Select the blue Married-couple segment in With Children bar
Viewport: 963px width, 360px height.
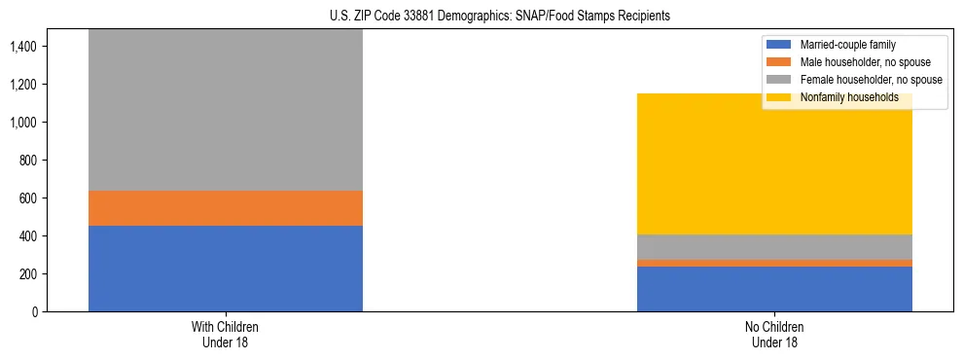(226, 269)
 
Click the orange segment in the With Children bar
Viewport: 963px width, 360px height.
(226, 208)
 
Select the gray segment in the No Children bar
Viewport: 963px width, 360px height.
(774, 247)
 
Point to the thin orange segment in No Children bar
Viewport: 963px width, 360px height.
(774, 263)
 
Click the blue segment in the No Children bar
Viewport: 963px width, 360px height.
(774, 289)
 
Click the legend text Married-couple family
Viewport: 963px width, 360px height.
(848, 45)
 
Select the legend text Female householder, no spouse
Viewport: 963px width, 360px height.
(871, 80)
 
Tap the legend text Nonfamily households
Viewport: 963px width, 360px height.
(849, 97)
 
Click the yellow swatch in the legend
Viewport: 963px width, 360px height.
(779, 97)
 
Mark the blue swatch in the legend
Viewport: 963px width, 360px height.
(779, 45)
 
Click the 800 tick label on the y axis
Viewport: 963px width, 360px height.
(29, 160)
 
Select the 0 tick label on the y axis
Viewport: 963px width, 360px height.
(35, 311)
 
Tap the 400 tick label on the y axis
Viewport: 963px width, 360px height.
(29, 235)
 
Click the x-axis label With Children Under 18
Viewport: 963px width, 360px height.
(226, 335)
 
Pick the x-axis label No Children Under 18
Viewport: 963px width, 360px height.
(774, 335)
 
